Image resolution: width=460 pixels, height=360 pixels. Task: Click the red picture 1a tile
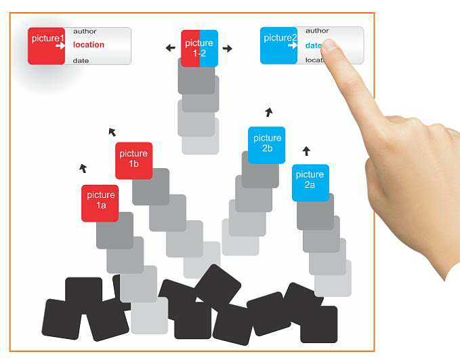(100, 203)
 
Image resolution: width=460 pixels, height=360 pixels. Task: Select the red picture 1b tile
(133, 160)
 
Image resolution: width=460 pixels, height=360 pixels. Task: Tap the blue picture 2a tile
(310, 182)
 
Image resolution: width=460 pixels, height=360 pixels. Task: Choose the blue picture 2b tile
(266, 144)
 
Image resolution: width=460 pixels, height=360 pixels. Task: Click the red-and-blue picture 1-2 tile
(199, 48)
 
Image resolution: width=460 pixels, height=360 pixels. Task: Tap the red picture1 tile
(46, 46)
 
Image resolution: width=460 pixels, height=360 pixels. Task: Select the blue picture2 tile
(278, 46)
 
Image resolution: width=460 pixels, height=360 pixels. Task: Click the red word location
(89, 45)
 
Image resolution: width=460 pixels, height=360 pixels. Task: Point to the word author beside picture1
(85, 31)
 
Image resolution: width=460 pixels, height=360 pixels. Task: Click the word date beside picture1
(81, 61)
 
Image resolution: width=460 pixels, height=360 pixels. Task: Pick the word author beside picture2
(317, 31)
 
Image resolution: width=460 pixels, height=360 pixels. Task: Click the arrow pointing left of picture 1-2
(171, 48)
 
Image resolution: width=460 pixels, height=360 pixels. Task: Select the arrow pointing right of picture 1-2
(228, 48)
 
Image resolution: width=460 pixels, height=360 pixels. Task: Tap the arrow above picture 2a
(306, 151)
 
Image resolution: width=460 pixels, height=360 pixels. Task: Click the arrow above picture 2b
(269, 112)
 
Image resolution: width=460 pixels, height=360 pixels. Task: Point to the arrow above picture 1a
(83, 168)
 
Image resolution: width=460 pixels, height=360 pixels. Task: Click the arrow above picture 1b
(112, 132)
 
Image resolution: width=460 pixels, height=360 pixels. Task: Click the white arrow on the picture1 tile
(60, 45)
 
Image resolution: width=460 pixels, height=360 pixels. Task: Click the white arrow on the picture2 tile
(293, 46)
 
